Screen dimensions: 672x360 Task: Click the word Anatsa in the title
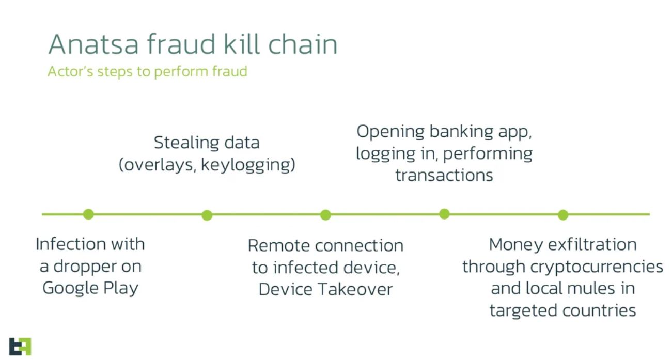(x=93, y=44)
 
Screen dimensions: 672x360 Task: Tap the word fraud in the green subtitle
(x=229, y=71)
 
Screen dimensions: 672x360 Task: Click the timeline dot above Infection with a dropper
(x=88, y=214)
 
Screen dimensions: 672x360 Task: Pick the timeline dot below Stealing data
(x=207, y=215)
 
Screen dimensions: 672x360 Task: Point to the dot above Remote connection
(x=325, y=215)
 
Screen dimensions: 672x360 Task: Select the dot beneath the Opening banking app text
(x=444, y=214)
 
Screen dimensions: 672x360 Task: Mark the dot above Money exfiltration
(x=563, y=215)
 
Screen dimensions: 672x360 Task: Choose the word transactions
(x=444, y=175)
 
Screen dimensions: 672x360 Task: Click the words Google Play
(x=90, y=288)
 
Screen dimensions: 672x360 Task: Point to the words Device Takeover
(x=325, y=290)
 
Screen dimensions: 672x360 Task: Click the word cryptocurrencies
(x=597, y=267)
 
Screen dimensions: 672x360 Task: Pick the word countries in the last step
(x=599, y=310)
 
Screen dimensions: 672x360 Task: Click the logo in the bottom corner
(x=20, y=347)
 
